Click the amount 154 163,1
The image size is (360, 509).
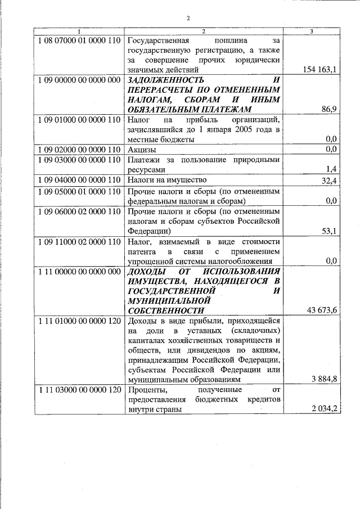tap(319, 70)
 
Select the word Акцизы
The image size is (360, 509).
tap(141, 150)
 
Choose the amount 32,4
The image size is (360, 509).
tap(329, 180)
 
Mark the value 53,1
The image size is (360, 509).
tap(329, 231)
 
